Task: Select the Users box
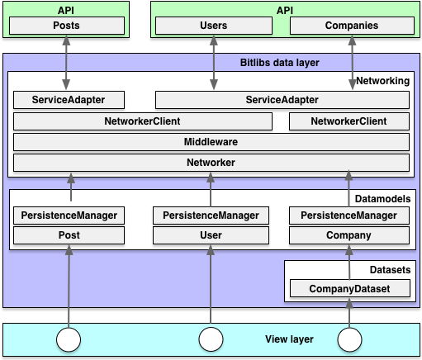click(214, 26)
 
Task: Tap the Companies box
click(350, 26)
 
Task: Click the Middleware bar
click(211, 142)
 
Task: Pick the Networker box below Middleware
click(211, 163)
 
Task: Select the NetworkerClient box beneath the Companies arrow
click(349, 121)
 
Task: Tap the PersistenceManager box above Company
click(349, 216)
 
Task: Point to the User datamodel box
click(211, 235)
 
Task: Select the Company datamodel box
click(349, 235)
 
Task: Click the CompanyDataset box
click(349, 289)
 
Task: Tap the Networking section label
click(382, 81)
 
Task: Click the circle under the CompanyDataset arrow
click(350, 339)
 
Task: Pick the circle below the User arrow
click(211, 339)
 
